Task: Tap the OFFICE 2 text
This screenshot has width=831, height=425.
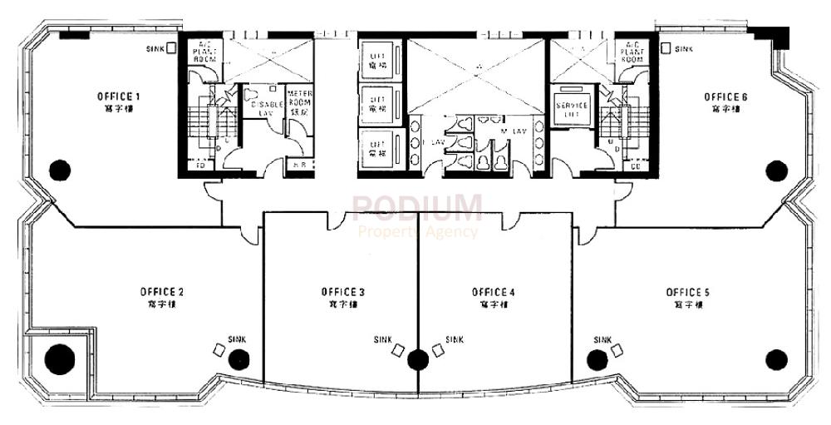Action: pyautogui.click(x=162, y=292)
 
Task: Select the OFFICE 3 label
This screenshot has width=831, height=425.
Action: pyautogui.click(x=342, y=292)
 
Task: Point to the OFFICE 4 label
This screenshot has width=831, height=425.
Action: pyautogui.click(x=494, y=292)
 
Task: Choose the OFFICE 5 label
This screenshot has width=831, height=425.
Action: pyautogui.click(x=687, y=292)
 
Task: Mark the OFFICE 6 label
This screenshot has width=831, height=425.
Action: pyautogui.click(x=725, y=96)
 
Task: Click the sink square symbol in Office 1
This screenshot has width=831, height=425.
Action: pyautogui.click(x=170, y=48)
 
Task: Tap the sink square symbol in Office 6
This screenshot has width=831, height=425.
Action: pyautogui.click(x=666, y=48)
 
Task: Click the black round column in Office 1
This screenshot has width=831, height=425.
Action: pyautogui.click(x=59, y=170)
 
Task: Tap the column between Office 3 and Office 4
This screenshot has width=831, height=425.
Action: pyautogui.click(x=418, y=359)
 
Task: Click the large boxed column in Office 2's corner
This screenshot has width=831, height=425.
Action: pyautogui.click(x=59, y=359)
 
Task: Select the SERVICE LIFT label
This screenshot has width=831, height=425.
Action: pyautogui.click(x=572, y=111)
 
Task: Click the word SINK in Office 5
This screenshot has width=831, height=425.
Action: pyautogui.click(x=603, y=339)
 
